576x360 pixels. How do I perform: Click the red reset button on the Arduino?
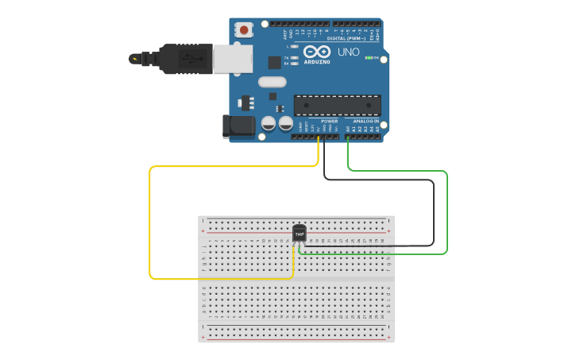pos(245,30)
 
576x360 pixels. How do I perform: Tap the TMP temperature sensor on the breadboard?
pos(300,234)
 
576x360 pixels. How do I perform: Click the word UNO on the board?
pos(349,52)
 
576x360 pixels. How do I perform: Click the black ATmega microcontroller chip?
pos(337,105)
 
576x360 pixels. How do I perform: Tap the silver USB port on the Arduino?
pos(234,59)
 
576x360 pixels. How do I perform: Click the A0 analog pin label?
pos(348,128)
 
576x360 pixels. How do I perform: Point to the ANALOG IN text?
pos(365,121)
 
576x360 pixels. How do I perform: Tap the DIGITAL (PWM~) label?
pos(347,38)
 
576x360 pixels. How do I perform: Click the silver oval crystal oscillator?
pos(271,81)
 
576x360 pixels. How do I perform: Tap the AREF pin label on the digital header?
pos(284,34)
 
